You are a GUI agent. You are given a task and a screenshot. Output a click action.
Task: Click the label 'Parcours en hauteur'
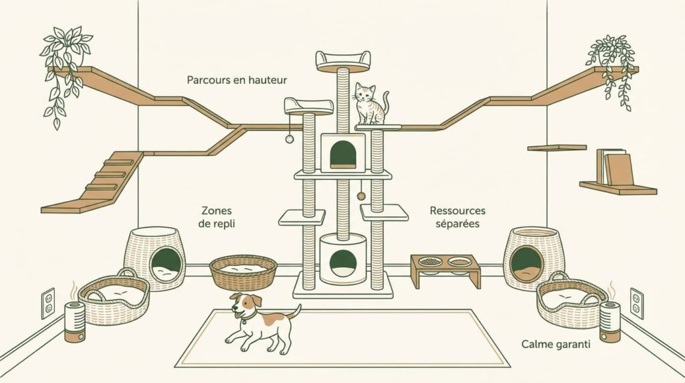pyautogui.click(x=237, y=80)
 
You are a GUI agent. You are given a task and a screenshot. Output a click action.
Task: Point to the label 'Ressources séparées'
pyautogui.click(x=454, y=217)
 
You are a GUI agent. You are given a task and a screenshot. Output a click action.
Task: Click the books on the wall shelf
pyautogui.click(x=614, y=167)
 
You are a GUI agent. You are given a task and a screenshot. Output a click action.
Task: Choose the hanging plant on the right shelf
pyautogui.click(x=612, y=64)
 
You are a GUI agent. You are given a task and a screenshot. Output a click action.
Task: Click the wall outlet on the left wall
pyautogui.click(x=48, y=303)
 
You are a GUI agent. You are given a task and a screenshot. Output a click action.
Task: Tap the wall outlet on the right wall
pyautogui.click(x=636, y=303)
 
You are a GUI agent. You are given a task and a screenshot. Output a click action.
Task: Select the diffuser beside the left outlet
pyautogui.click(x=74, y=321)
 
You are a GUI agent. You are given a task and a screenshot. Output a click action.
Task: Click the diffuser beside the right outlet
pyautogui.click(x=609, y=321)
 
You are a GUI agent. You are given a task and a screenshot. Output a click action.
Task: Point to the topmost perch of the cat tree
pyautogui.click(x=343, y=60)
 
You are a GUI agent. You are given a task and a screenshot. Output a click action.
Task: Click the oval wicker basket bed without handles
pyautogui.click(x=243, y=271)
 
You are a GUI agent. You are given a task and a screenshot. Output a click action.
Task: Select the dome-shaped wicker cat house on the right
pyautogui.click(x=533, y=258)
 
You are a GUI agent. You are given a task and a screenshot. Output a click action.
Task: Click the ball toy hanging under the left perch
pyautogui.click(x=289, y=139)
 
